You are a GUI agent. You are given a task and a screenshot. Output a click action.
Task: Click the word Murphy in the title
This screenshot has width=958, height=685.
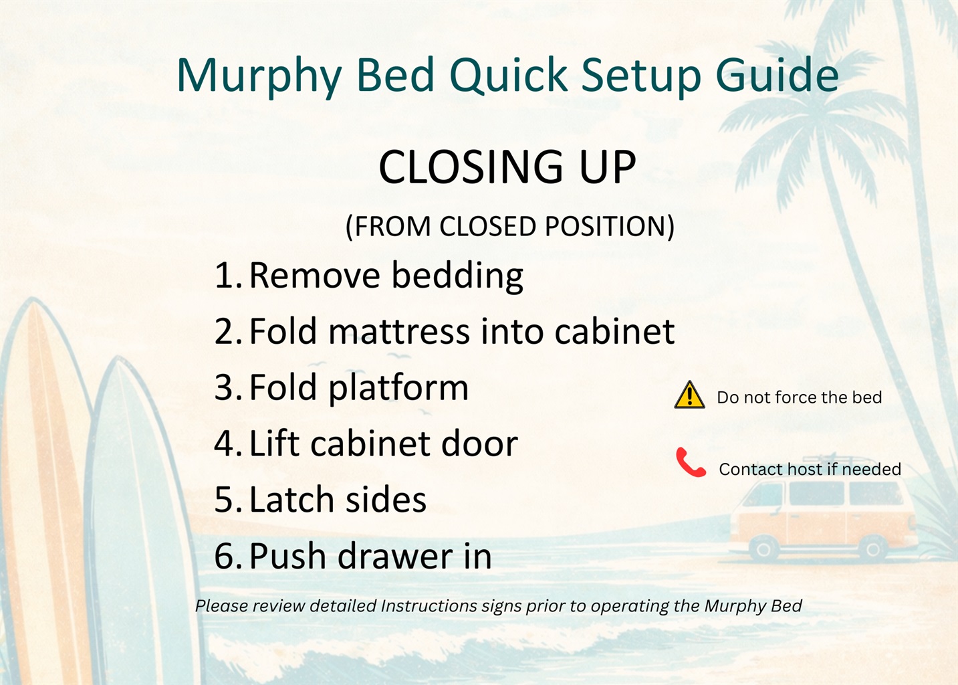(259, 77)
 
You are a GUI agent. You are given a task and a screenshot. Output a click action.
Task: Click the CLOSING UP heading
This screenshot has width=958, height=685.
(507, 167)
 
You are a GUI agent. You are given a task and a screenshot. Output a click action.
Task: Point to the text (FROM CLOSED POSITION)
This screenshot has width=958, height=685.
(509, 226)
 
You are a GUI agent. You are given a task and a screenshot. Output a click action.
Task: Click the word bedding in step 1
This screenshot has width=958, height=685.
(457, 276)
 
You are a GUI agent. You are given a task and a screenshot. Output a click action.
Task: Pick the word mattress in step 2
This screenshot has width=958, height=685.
(399, 332)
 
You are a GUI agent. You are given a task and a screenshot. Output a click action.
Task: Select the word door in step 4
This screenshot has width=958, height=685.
(479, 444)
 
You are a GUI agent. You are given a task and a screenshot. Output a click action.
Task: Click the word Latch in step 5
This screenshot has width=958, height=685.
(291, 499)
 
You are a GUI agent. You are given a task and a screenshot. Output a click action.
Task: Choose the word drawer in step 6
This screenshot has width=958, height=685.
(396, 555)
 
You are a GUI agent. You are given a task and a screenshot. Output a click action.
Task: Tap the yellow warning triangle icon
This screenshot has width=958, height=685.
(689, 395)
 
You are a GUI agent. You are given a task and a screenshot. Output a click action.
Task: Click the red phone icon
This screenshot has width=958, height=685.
(690, 463)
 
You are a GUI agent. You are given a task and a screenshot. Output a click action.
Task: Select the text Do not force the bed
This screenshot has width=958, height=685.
(800, 397)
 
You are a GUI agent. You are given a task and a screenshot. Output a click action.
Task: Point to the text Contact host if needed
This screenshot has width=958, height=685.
(810, 470)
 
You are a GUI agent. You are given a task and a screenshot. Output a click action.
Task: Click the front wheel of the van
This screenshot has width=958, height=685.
(763, 549)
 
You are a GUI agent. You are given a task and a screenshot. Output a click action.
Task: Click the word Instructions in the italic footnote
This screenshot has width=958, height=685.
(429, 606)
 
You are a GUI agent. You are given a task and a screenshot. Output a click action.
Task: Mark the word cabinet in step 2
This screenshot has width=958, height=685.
(614, 332)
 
